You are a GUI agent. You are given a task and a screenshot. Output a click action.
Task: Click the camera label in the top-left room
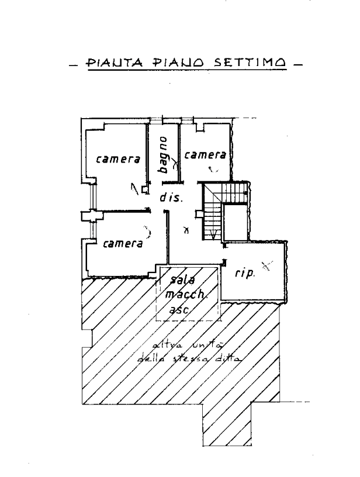click(117, 159)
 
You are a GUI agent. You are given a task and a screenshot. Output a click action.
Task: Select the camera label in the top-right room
click(205, 155)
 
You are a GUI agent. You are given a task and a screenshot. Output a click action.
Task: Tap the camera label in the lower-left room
click(123, 244)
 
